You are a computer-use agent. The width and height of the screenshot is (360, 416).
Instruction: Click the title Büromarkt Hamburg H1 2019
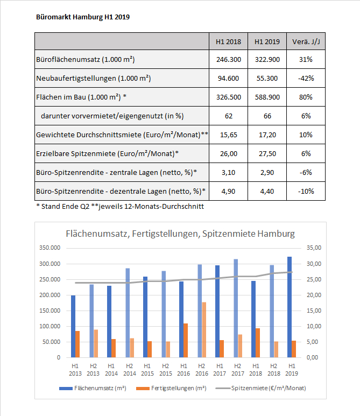pyautogui.click(x=83, y=17)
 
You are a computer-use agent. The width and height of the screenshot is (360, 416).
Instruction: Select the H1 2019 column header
pyautogui.click(x=267, y=41)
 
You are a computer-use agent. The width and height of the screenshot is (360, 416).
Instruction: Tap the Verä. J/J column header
pyautogui.click(x=306, y=41)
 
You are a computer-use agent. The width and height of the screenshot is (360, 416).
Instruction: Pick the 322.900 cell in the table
pyautogui.click(x=267, y=59)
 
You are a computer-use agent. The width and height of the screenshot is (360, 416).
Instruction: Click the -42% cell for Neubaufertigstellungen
pyautogui.click(x=306, y=78)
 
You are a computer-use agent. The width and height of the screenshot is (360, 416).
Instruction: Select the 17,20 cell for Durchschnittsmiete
pyautogui.click(x=267, y=135)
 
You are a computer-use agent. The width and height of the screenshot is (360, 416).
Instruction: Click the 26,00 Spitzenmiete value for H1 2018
pyautogui.click(x=228, y=153)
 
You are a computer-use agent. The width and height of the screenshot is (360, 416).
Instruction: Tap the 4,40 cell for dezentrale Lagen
pyautogui.click(x=267, y=191)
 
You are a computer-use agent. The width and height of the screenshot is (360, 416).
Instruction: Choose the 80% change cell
pyautogui.click(x=306, y=97)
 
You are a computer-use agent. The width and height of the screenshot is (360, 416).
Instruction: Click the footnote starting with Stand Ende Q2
pyautogui.click(x=120, y=207)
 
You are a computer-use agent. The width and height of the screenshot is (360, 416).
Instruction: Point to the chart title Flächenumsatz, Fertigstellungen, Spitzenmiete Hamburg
pyautogui.click(x=180, y=234)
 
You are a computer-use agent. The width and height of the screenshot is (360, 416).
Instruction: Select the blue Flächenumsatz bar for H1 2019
pyautogui.click(x=290, y=307)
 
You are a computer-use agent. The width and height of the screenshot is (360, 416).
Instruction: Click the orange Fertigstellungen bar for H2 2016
pyautogui.click(x=204, y=330)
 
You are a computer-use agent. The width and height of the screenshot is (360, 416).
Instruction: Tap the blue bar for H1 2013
pyautogui.click(x=73, y=326)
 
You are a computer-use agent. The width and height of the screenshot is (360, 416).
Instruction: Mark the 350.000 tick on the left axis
pyautogui.click(x=50, y=248)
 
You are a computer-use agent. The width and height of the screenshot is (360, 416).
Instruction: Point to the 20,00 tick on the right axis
pyautogui.click(x=314, y=295)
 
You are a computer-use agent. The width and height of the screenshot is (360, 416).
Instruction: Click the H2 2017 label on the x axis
pyautogui.click(x=238, y=370)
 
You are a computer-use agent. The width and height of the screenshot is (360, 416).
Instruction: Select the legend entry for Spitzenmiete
pyautogui.click(x=261, y=388)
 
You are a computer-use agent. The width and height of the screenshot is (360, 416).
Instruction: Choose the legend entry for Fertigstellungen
pyautogui.click(x=171, y=388)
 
